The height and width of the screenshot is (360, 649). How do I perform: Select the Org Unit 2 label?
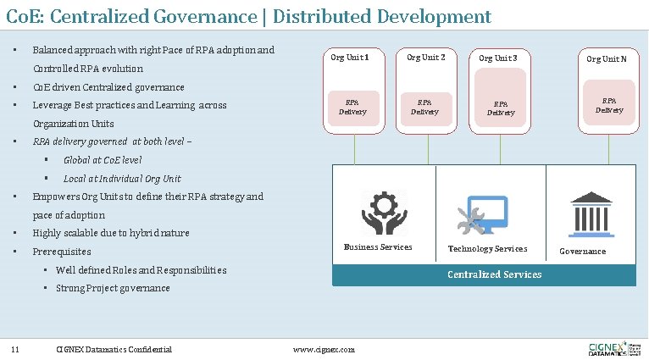pos(425,58)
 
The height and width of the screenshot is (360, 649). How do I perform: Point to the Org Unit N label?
pos(607,58)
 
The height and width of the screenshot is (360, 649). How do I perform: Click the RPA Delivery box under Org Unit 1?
pos(352,108)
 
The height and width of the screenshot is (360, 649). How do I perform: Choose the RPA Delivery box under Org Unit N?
pos(608,105)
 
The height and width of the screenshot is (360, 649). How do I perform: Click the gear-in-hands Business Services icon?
pos(383,212)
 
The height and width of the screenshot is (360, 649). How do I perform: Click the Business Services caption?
pos(378,247)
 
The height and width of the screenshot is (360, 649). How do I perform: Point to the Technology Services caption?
pos(487,249)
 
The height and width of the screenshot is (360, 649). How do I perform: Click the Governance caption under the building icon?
pos(583,252)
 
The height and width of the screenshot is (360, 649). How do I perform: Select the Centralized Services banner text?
pos(494,274)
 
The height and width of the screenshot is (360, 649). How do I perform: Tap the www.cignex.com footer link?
pos(324,350)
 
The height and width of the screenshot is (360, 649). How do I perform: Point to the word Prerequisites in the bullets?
pos(61,252)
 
